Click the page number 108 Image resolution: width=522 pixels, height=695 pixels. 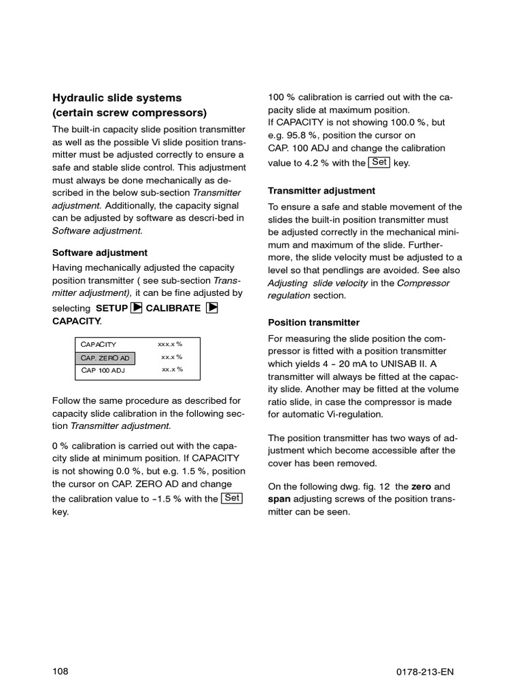60,653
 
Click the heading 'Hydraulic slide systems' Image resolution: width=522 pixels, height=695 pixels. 117,98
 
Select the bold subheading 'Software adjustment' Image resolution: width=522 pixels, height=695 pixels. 100,252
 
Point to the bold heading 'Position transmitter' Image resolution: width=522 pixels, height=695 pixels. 314,322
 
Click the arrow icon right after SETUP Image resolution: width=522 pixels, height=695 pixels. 136,307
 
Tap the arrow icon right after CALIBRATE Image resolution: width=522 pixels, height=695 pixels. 211,307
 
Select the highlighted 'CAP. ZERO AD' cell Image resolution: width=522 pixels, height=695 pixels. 105,358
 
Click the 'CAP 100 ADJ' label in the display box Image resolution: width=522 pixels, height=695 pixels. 103,371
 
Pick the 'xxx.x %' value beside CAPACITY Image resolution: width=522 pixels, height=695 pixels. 170,344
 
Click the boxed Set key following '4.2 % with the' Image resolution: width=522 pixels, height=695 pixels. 379,162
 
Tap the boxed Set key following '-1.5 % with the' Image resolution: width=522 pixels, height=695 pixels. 232,498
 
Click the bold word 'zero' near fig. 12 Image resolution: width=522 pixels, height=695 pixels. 421,487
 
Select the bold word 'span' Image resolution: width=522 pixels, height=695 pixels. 279,500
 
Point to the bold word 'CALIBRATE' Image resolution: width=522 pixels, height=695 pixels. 173,308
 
